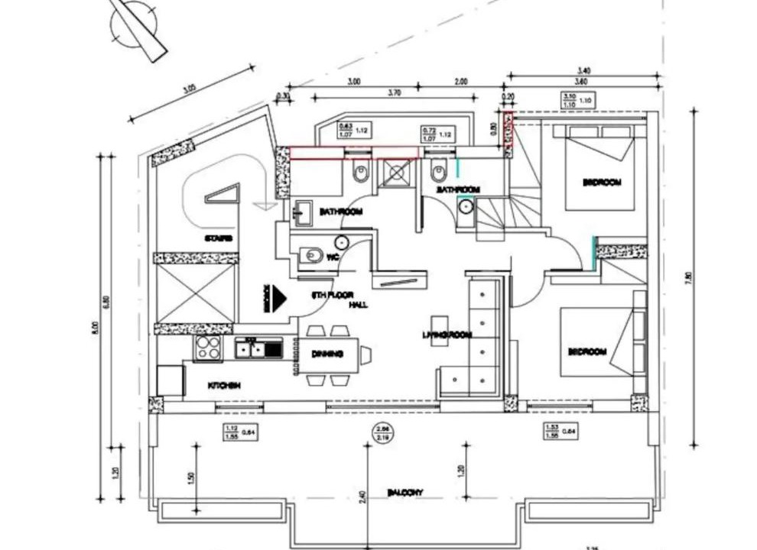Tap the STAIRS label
pos(219,239)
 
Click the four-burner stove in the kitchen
pos(208,348)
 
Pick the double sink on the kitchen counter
pos(258,349)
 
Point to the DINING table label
pos(327,354)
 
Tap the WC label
pos(333,258)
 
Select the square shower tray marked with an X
pos(396,173)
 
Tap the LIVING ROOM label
pos(447,335)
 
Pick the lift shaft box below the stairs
pos(196,293)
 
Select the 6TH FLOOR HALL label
pos(333,299)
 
